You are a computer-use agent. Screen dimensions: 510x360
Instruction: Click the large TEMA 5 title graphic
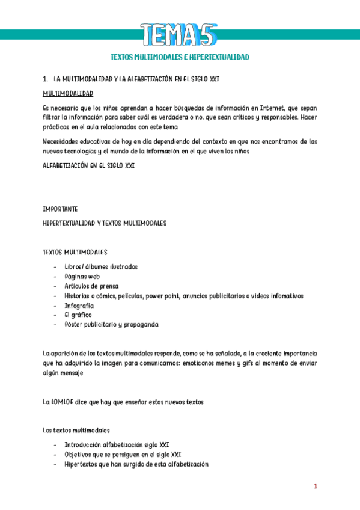coord(180,34)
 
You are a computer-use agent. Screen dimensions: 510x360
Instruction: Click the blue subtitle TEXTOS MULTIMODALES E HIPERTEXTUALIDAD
coord(180,57)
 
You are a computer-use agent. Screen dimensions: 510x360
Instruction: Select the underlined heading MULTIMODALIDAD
coord(68,94)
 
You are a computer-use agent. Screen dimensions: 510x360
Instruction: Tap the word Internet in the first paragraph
coord(276,108)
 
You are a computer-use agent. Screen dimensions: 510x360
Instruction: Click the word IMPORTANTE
coord(60,209)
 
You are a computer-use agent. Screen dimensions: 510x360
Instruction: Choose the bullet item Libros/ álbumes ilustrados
coord(101,266)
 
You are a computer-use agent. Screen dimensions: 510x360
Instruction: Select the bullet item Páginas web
coord(82,276)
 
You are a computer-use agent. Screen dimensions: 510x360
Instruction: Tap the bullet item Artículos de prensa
coord(91,286)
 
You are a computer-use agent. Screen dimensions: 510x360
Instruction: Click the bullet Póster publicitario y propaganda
coord(111,324)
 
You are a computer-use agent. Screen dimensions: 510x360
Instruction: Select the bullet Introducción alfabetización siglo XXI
coord(117,445)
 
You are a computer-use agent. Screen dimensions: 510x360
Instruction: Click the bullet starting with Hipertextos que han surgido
coord(136,464)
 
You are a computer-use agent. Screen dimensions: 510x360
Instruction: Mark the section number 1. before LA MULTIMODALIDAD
coord(46,79)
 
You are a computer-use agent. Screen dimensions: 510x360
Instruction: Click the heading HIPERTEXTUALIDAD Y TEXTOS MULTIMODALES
coord(104,223)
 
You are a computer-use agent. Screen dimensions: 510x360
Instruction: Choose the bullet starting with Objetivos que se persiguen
coord(123,455)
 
